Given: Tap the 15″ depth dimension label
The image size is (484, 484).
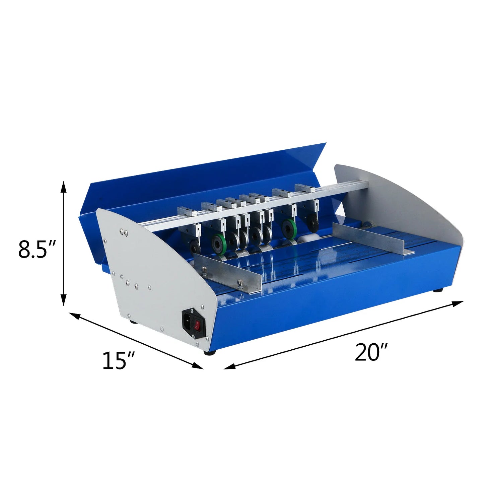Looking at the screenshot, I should click(118, 361).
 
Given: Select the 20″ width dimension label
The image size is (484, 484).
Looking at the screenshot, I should click(371, 352).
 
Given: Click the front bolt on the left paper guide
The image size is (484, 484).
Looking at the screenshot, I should click(240, 283).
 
